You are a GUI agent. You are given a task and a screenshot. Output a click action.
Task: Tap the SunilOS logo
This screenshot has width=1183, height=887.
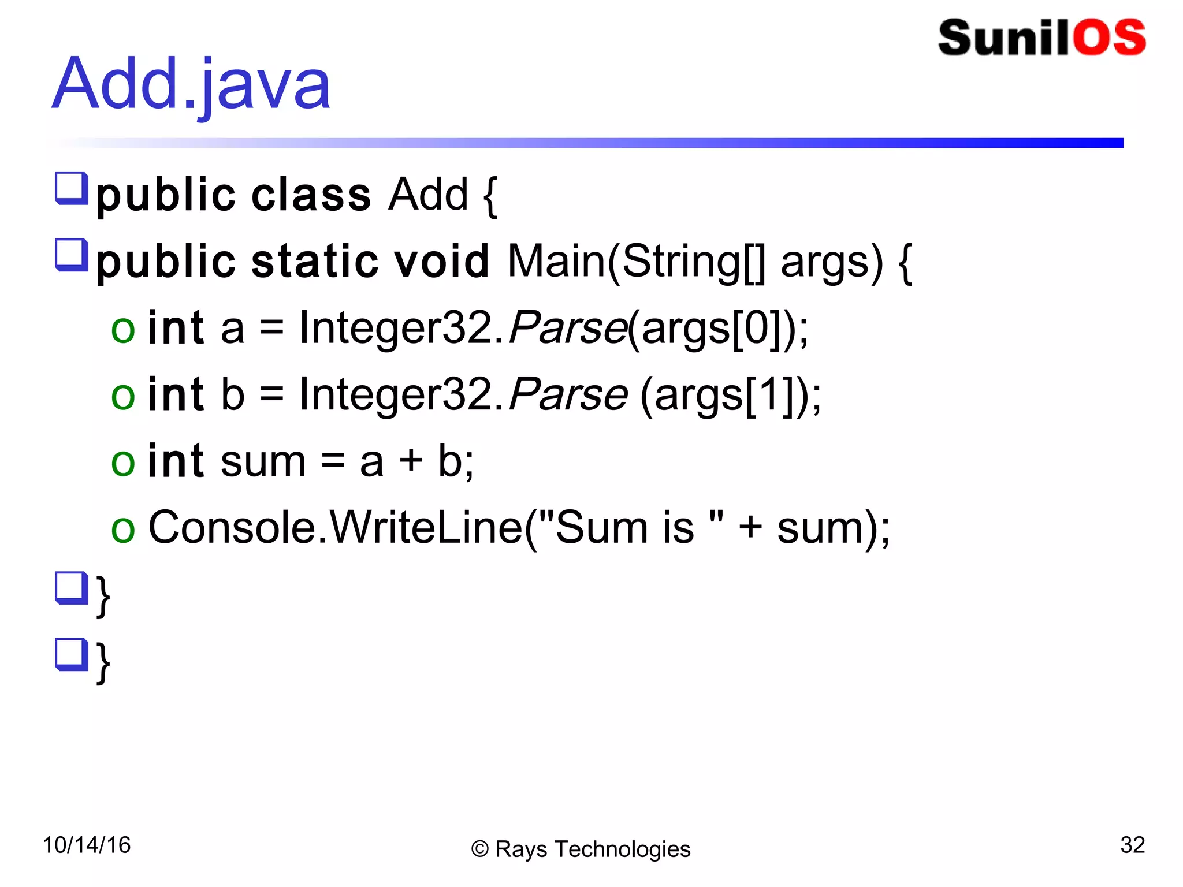pyautogui.click(x=1041, y=38)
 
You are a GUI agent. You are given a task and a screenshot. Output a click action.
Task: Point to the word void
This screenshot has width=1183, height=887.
pyautogui.click(x=441, y=261)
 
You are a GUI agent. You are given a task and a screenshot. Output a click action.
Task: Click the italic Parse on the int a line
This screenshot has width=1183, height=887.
pyautogui.click(x=567, y=329)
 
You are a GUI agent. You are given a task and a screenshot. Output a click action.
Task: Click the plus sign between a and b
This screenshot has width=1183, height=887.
pyautogui.click(x=411, y=461)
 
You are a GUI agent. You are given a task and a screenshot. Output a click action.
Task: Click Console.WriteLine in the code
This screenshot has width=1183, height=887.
pyautogui.click(x=335, y=528)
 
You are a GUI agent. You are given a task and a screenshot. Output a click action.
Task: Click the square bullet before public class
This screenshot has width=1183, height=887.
pyautogui.click(x=71, y=188)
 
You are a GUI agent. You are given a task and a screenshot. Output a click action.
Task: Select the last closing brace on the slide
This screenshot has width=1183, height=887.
pyautogui.click(x=103, y=662)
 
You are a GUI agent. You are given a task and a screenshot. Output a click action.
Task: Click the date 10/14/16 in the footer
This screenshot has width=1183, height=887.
pyautogui.click(x=87, y=845)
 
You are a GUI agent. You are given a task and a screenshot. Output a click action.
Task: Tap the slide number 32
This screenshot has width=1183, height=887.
pyautogui.click(x=1132, y=845)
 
